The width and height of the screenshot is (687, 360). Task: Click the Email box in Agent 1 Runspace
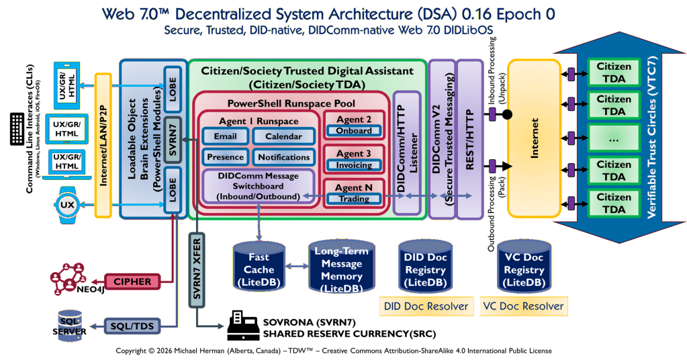click(x=225, y=136)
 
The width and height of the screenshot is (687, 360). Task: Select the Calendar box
click(x=283, y=136)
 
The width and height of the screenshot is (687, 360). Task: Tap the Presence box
click(x=225, y=157)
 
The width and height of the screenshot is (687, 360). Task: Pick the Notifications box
click(x=283, y=157)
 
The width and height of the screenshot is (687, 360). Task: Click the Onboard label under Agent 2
click(x=354, y=131)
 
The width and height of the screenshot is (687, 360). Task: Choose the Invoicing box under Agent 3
click(x=354, y=165)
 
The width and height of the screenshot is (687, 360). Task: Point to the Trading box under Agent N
click(x=354, y=199)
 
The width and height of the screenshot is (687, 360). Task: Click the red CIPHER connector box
click(x=132, y=281)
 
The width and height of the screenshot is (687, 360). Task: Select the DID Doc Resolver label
click(x=426, y=306)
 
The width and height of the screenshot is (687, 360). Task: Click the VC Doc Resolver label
click(x=523, y=306)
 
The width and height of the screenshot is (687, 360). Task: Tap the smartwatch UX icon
click(x=67, y=204)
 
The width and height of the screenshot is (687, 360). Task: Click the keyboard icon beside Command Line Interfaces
click(x=17, y=128)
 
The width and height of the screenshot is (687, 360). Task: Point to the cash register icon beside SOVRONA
click(x=242, y=325)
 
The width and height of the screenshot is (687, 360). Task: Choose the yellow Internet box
click(x=533, y=138)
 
